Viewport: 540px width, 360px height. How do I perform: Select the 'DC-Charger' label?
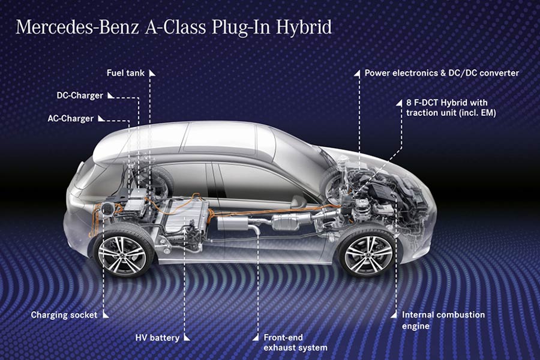tap(80, 95)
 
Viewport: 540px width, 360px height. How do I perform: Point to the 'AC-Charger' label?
tap(71, 118)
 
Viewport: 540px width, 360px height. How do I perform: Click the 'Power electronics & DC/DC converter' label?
tap(442, 73)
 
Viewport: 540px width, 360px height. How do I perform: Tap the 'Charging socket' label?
tap(65, 315)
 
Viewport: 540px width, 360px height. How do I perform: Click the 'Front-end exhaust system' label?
tap(295, 343)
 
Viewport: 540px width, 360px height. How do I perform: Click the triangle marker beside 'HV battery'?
tap(185, 338)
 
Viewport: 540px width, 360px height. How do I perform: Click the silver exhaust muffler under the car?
tap(236, 224)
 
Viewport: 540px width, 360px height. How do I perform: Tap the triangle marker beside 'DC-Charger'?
tap(109, 95)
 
